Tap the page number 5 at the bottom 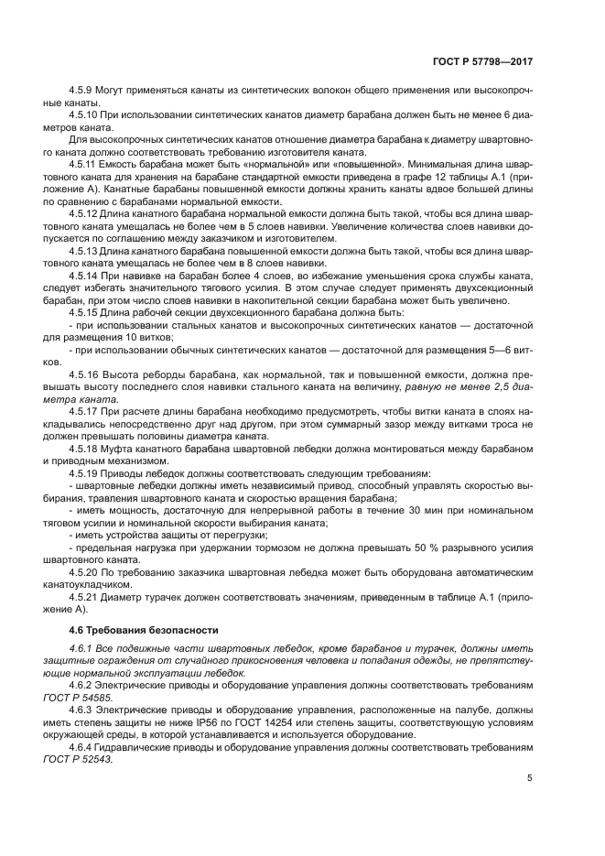[x=530, y=778]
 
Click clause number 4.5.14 [x=84, y=274]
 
